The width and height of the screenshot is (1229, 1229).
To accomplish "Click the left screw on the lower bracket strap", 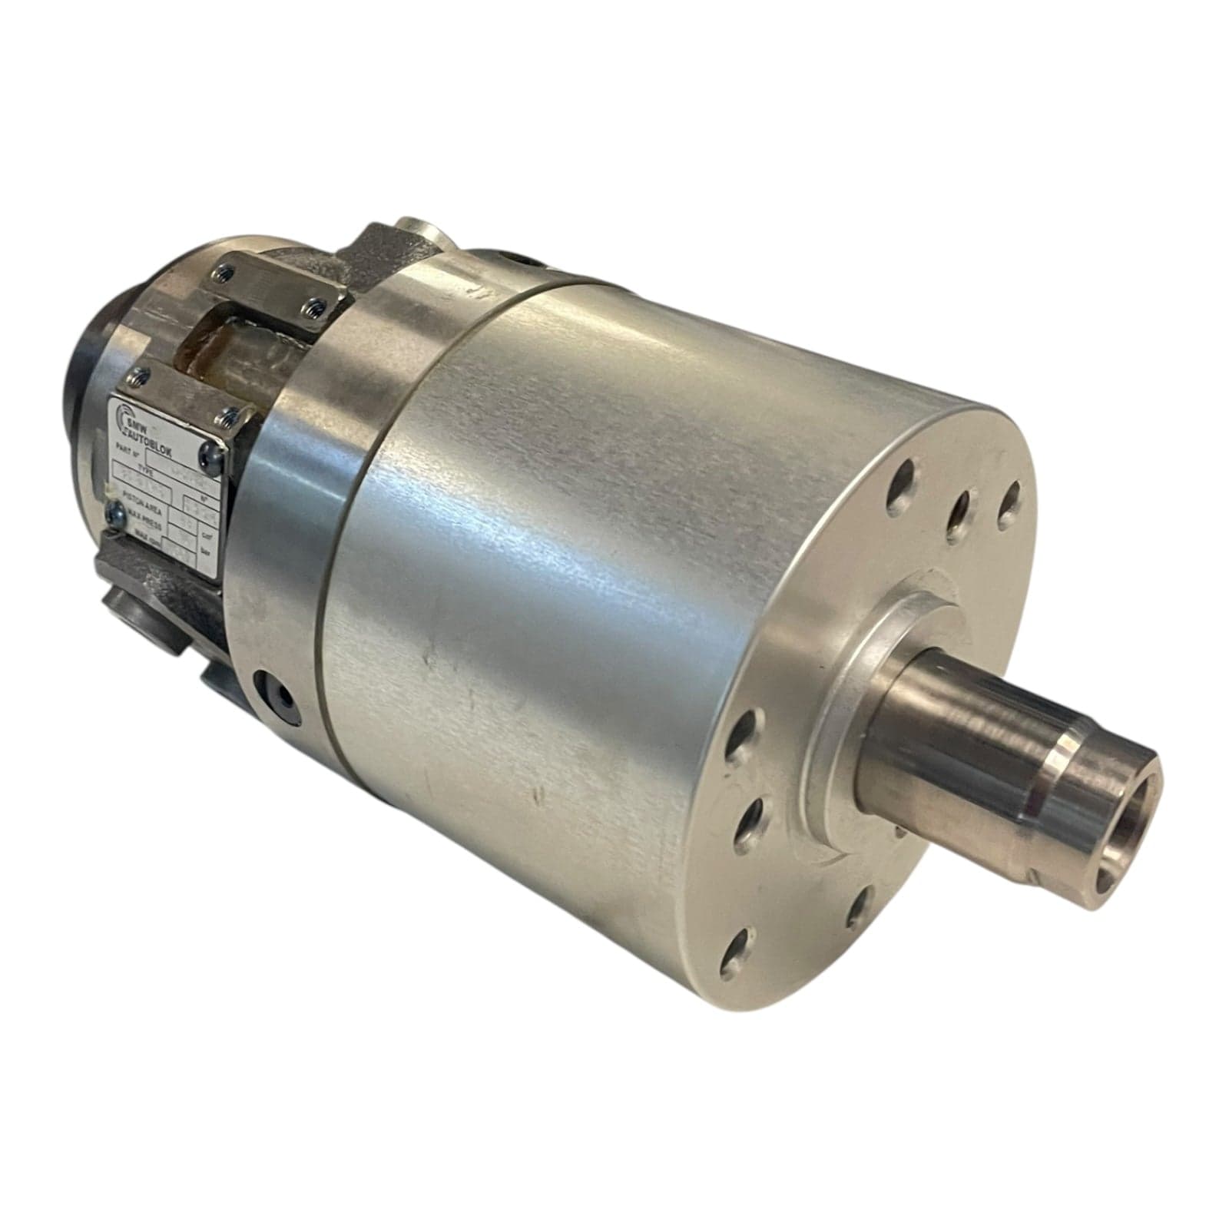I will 139,376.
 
